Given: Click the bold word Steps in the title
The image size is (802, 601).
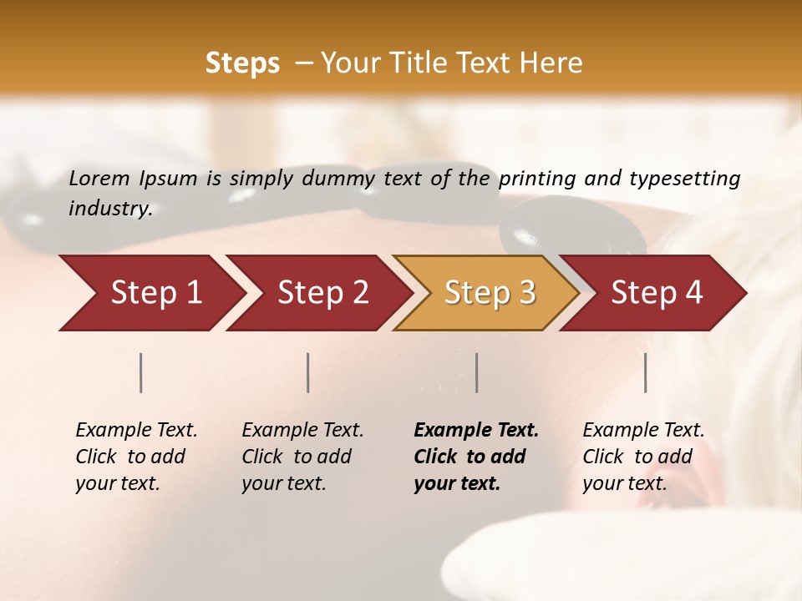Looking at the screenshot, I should click(242, 63).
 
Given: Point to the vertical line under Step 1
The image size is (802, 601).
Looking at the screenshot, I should click(141, 372).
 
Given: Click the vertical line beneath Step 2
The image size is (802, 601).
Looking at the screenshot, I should click(308, 372).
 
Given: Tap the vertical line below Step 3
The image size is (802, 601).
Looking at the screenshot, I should click(477, 372).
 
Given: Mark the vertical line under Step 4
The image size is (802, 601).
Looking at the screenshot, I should click(646, 372).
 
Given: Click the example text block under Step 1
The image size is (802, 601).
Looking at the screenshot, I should click(136, 457).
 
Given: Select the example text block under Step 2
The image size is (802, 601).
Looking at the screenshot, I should click(302, 457).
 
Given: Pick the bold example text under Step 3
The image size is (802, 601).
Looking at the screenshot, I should click(475, 457).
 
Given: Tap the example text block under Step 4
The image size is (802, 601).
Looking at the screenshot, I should click(643, 457).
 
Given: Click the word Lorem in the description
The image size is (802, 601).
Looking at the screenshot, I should click(99, 179).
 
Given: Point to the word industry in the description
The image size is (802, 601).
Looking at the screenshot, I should click(109, 209).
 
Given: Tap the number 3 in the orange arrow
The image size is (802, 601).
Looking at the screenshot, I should click(526, 293).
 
